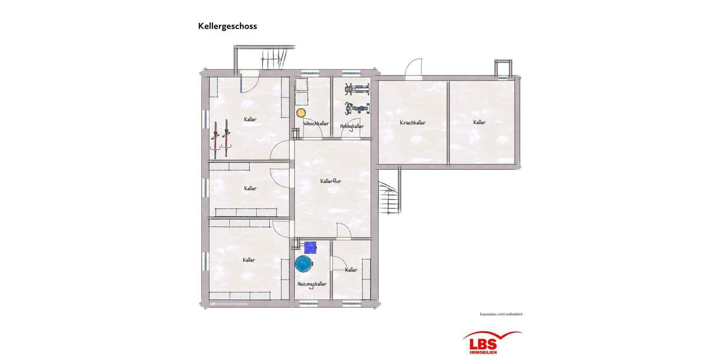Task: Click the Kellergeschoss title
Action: (227, 26)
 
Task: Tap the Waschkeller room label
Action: (316, 124)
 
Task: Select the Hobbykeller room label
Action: (352, 127)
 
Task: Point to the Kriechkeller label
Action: (413, 123)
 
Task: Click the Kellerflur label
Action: (331, 181)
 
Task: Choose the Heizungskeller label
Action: (312, 284)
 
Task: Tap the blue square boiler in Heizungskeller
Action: (311, 246)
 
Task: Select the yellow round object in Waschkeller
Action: (301, 112)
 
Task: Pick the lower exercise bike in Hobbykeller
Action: (356, 109)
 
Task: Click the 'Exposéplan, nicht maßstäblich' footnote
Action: (497, 314)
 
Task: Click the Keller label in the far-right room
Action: (479, 122)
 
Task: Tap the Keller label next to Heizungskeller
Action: (351, 270)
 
